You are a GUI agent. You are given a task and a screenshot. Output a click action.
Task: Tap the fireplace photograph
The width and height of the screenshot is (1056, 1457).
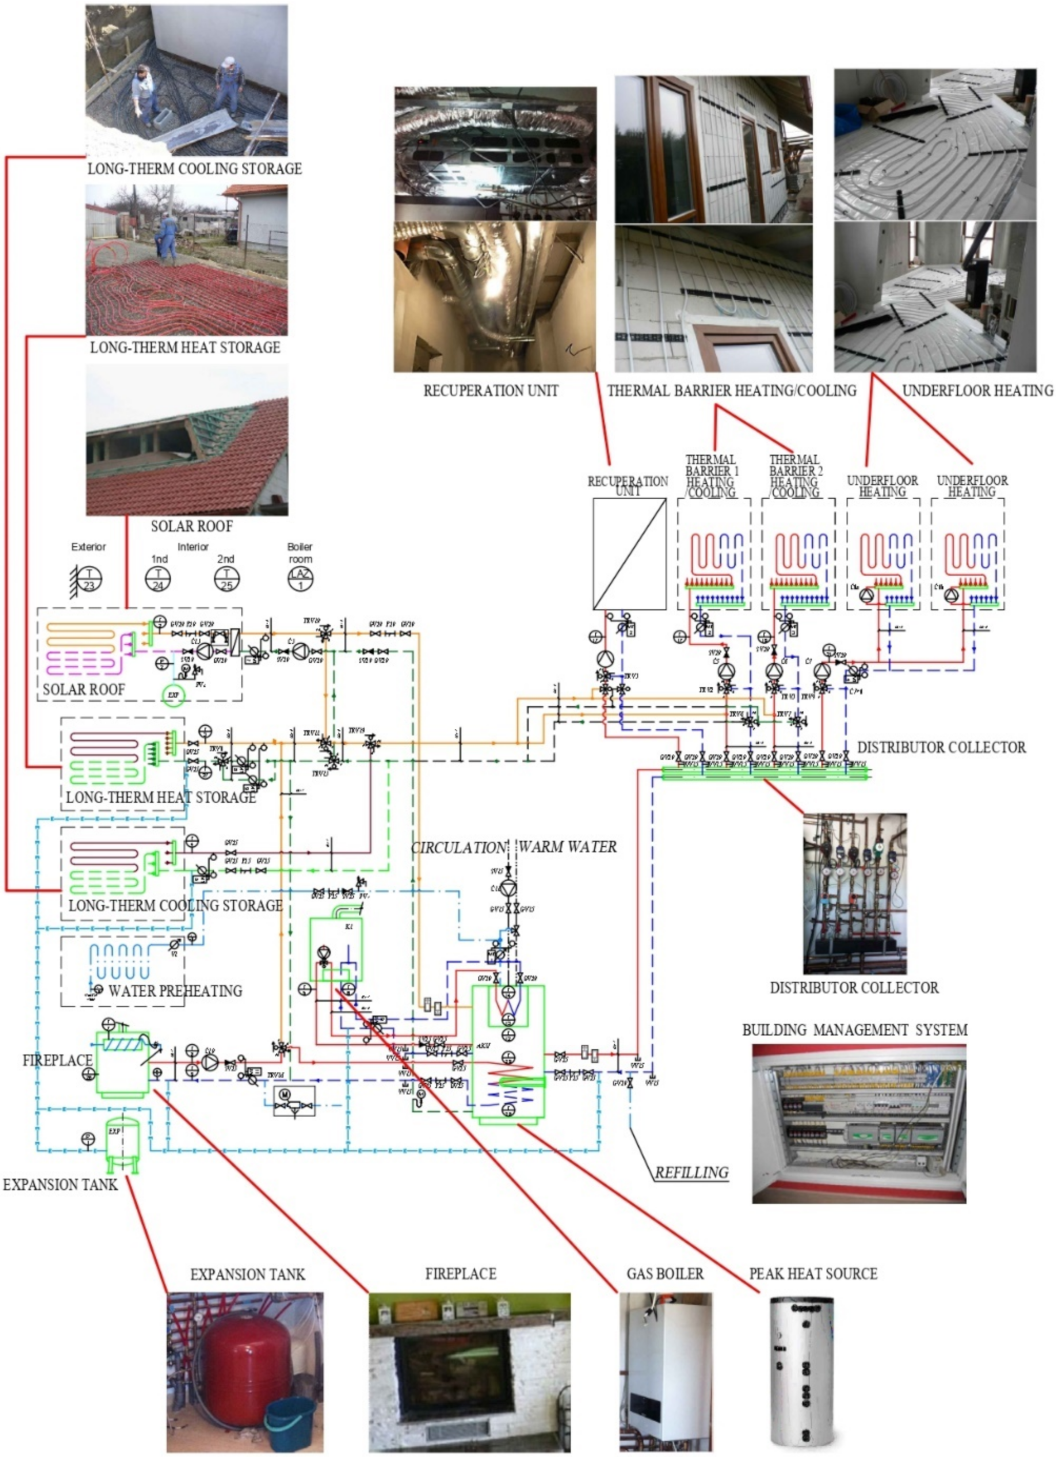coord(469,1372)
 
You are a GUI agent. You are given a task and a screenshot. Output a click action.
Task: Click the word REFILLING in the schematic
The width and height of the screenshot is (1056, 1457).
coord(691,1172)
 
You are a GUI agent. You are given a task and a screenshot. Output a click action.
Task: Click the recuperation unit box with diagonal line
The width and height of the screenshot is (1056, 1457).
coord(629,554)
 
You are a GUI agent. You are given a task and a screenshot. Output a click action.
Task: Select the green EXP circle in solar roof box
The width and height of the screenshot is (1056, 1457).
coord(172,695)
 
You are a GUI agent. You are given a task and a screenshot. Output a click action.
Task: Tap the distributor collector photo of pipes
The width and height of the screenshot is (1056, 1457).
coord(854,893)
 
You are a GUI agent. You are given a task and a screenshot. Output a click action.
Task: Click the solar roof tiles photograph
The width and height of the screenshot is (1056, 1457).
coord(187,440)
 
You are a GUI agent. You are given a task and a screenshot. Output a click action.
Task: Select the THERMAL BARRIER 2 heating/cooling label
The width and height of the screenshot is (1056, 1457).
coord(794,476)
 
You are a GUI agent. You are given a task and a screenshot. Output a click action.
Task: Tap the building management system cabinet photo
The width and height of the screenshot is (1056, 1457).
coord(859,1123)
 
